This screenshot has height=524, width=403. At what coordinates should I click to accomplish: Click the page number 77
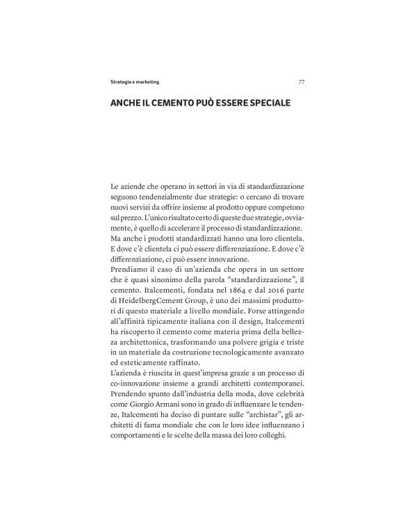point(301,81)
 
